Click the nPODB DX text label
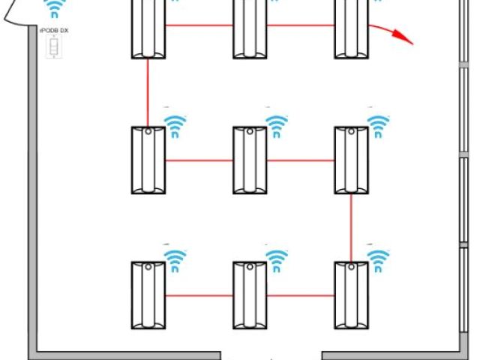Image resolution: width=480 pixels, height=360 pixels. [x=53, y=31]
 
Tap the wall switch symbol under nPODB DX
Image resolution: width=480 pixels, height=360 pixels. [x=53, y=49]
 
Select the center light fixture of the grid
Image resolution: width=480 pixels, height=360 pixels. [x=249, y=160]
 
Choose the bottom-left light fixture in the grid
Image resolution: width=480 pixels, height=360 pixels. [x=148, y=295]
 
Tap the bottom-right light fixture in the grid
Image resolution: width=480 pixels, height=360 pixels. [x=351, y=295]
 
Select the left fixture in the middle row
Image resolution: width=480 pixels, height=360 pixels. [x=148, y=160]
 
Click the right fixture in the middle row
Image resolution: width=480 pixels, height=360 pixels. [x=351, y=160]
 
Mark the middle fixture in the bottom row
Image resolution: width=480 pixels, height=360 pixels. [x=249, y=295]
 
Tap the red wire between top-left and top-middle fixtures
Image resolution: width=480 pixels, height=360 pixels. [x=198, y=25]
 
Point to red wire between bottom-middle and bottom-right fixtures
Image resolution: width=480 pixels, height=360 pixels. [x=300, y=295]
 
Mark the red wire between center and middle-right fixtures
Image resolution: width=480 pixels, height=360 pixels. [x=300, y=160]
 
